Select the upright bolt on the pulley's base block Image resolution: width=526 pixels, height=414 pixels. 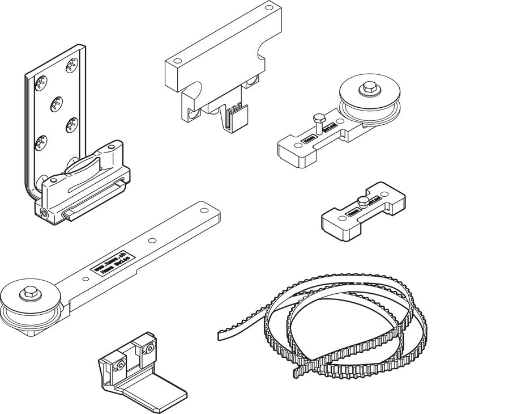click(318, 121)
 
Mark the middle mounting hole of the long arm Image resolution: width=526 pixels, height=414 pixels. click(151, 240)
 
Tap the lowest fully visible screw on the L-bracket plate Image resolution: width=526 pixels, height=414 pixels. click(41, 142)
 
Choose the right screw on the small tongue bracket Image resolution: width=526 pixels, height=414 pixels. click(149, 347)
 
